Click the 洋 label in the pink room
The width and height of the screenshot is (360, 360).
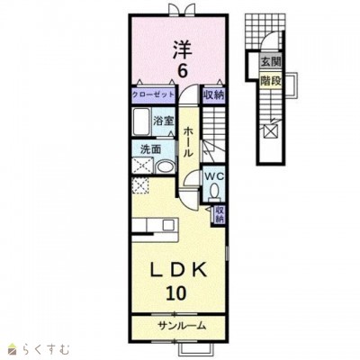pyautogui.click(x=182, y=50)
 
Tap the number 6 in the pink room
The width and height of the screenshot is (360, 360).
pyautogui.click(x=182, y=71)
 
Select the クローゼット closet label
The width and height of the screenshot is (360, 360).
pyautogui.click(x=153, y=94)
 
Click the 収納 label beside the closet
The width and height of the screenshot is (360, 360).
pyautogui.click(x=214, y=95)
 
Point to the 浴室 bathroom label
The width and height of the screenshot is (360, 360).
pyautogui.click(x=164, y=121)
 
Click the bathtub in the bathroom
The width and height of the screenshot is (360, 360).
pyautogui.click(x=141, y=121)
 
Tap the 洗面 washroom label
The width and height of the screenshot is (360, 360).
pyautogui.click(x=151, y=149)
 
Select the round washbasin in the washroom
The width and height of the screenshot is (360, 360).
pyautogui.click(x=166, y=166)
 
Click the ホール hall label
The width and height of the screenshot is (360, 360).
pyautogui.click(x=188, y=142)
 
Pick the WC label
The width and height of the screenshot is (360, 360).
pyautogui.click(x=214, y=176)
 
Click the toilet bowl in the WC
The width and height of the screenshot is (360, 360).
pyautogui.click(x=214, y=191)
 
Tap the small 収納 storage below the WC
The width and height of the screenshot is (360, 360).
pyautogui.click(x=220, y=214)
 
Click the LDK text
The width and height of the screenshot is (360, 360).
pyautogui.click(x=179, y=270)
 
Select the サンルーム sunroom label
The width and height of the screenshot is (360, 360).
pyautogui.click(x=182, y=325)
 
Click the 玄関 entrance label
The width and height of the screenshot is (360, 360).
pyautogui.click(x=271, y=62)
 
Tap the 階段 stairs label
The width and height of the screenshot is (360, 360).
pyautogui.click(x=271, y=80)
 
